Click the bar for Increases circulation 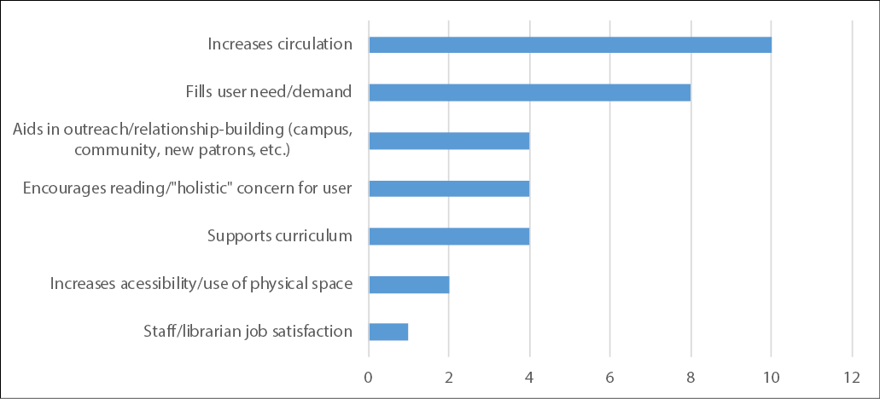coord(569,44)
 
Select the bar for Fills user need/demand coord(529,92)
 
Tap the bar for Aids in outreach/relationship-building coord(449,140)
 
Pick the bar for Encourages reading coord(449,188)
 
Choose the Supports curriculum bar coord(449,236)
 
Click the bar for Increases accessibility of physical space coord(409,284)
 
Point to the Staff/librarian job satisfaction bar coord(388,332)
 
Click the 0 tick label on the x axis coord(369,376)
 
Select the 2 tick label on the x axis coord(449,376)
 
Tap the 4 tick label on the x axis coord(529,376)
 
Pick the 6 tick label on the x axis coord(609,376)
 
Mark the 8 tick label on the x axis coord(691,376)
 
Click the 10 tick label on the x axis coord(771,376)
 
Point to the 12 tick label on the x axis coord(851,376)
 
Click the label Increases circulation coord(280,44)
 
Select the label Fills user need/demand coord(269,92)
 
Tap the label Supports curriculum coord(280,236)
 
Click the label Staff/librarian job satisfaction coord(248,332)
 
